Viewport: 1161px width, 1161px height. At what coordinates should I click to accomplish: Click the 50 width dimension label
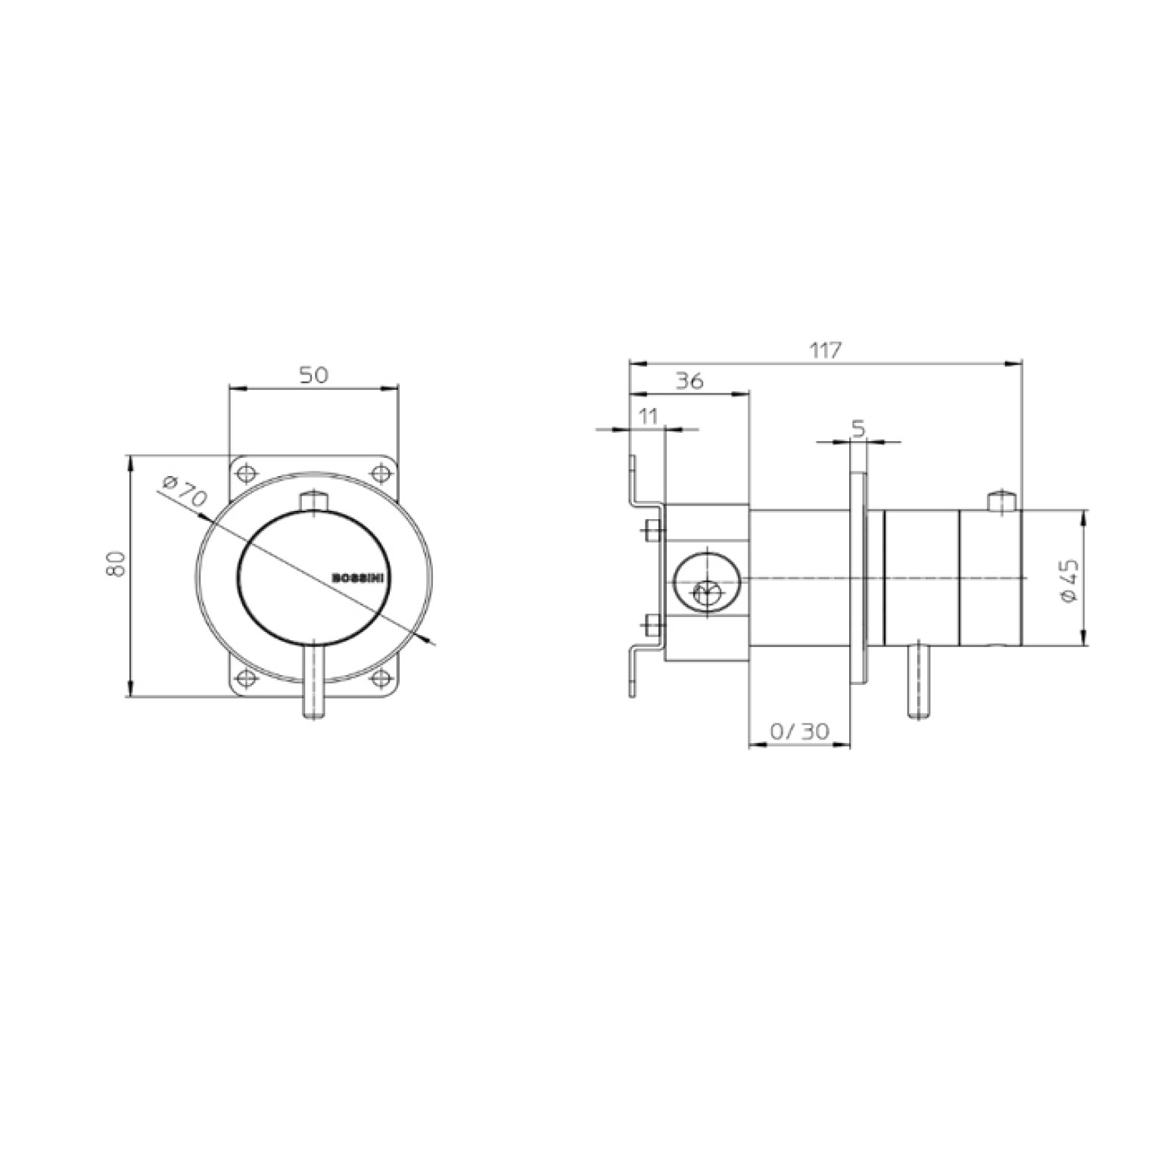[x=314, y=375]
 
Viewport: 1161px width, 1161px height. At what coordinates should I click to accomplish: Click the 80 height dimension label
[x=116, y=564]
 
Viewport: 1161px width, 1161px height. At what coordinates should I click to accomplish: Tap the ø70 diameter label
[x=185, y=492]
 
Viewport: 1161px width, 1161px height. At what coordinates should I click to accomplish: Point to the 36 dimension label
[x=689, y=381]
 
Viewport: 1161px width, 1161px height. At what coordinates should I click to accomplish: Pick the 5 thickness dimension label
[x=858, y=429]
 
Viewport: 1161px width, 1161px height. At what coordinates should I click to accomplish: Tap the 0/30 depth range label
[x=799, y=731]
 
